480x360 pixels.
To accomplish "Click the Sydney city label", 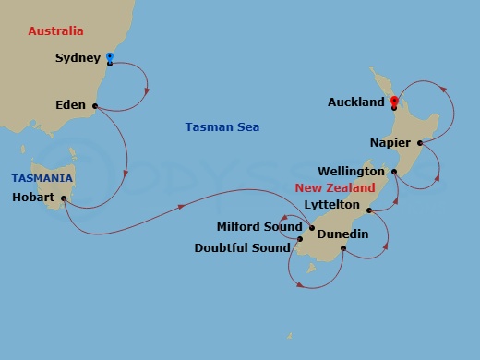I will point(78,58).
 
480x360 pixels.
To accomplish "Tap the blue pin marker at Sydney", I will point(110,58).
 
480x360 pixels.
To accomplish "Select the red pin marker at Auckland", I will point(394,102).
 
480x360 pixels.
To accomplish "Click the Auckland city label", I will point(355,103).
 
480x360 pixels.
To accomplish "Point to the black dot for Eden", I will point(95,105).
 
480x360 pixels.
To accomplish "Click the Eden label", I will point(70,105).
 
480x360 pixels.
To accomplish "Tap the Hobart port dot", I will point(64,198).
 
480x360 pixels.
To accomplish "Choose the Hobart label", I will point(34,198).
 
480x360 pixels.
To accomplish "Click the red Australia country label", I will point(55,31).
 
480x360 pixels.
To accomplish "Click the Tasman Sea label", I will point(222,127).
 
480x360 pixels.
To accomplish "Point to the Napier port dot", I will point(420,143).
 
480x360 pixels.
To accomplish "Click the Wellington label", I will point(351,172).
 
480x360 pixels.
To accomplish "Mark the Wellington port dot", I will point(394,172).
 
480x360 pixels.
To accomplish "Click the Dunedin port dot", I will point(343,247).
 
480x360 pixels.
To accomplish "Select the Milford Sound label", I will point(258,226).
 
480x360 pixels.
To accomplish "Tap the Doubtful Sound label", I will point(244,247).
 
